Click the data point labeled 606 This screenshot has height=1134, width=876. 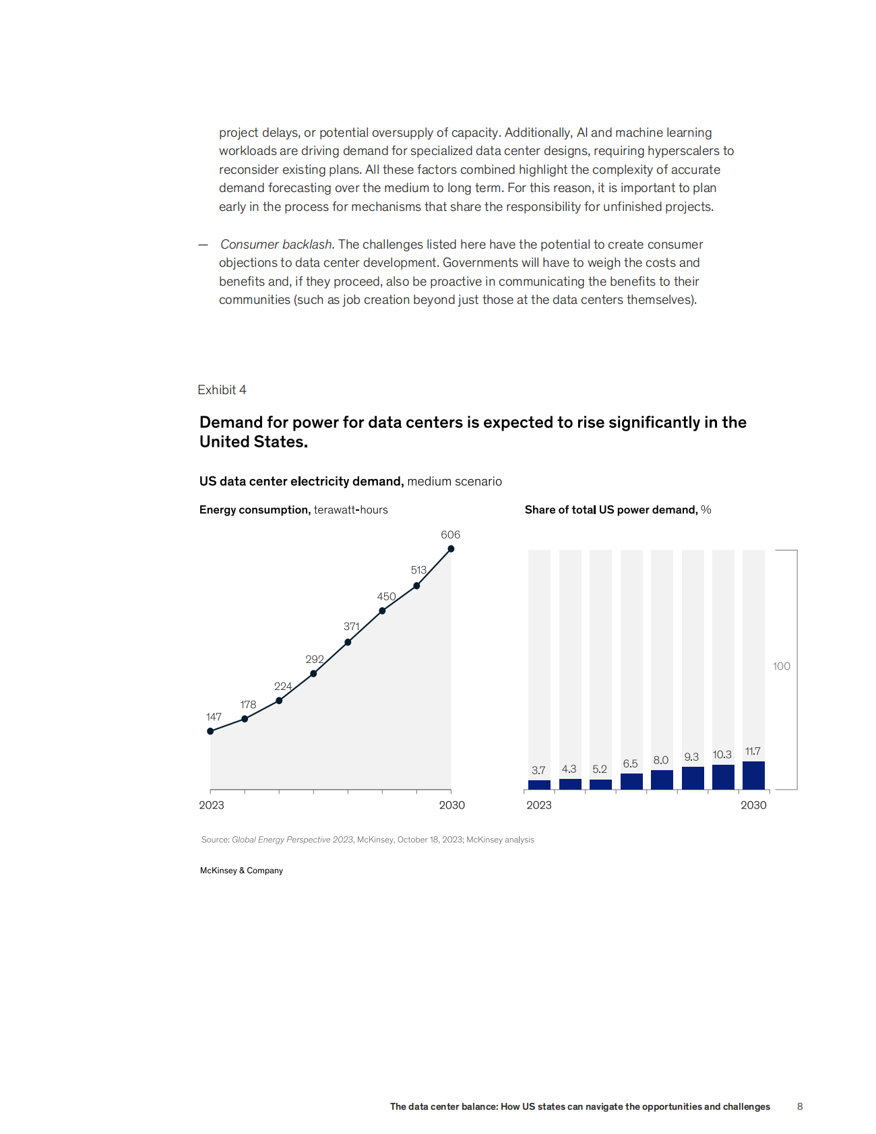pyautogui.click(x=451, y=548)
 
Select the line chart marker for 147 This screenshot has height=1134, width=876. pyautogui.click(x=210, y=731)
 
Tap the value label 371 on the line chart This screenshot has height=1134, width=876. pyautogui.click(x=351, y=627)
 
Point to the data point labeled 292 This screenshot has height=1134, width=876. pyautogui.click(x=313, y=673)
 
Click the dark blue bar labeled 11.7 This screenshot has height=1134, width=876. pyautogui.click(x=753, y=776)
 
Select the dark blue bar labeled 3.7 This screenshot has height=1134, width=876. pyautogui.click(x=539, y=785)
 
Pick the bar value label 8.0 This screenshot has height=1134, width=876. pyautogui.click(x=660, y=760)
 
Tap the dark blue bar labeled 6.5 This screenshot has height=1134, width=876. pyautogui.click(x=631, y=782)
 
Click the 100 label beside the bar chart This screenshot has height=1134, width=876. pyautogui.click(x=781, y=666)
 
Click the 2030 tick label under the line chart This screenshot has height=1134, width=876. pyautogui.click(x=451, y=805)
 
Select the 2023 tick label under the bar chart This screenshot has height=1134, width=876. pyautogui.click(x=538, y=805)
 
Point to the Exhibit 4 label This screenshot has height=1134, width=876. pyautogui.click(x=222, y=390)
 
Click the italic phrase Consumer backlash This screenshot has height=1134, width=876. pyautogui.click(x=277, y=245)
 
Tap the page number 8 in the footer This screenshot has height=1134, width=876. pyautogui.click(x=800, y=1106)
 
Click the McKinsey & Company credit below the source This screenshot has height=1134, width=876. pyautogui.click(x=241, y=871)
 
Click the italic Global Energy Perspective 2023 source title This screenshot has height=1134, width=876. pyautogui.click(x=292, y=840)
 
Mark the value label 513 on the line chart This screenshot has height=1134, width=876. pyautogui.click(x=418, y=570)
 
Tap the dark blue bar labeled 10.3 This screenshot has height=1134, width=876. pyautogui.click(x=723, y=777)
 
